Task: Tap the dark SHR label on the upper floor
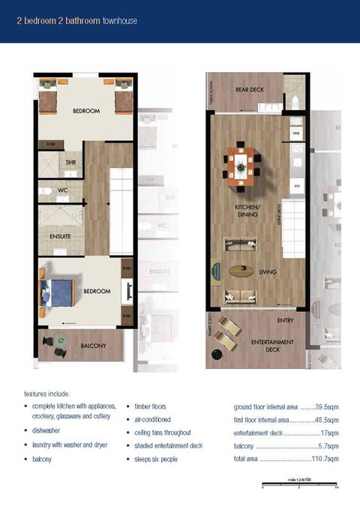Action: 70,162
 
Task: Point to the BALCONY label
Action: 93,346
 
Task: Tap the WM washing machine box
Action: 295,133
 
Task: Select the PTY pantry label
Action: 297,184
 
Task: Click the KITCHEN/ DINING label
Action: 248,211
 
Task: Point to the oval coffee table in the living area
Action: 241,270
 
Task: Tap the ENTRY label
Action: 286,321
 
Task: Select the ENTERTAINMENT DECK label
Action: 272,346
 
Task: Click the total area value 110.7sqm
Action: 327,458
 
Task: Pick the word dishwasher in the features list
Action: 46,432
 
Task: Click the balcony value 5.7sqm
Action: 327,445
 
